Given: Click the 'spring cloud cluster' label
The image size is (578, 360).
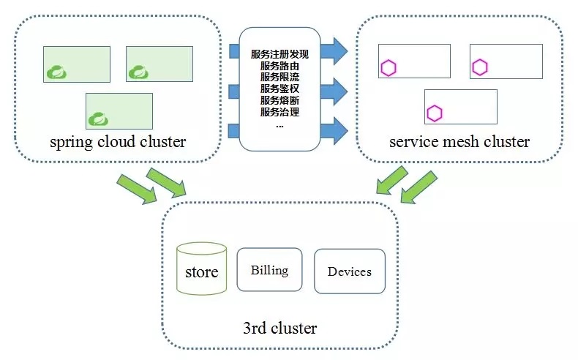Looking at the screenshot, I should point(117,141).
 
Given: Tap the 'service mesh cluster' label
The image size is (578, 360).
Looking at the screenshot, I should point(459,141).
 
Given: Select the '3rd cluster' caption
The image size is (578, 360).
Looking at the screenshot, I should point(279,328).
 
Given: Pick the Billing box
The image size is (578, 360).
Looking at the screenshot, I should point(269,270).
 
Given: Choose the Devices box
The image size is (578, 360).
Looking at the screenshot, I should point(349,271).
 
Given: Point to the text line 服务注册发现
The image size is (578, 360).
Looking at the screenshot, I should point(279,54).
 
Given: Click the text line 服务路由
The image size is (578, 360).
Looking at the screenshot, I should point(279,66).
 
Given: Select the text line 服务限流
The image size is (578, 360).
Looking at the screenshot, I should point(279,77).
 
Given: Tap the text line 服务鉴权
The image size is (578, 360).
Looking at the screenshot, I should point(279,89).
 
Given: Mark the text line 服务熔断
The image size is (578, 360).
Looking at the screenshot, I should point(279,100).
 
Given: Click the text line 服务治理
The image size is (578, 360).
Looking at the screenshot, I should point(279,112).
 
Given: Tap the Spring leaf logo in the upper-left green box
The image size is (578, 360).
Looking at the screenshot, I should point(56,72).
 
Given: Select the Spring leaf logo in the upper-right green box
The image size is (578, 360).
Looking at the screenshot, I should point(138,72).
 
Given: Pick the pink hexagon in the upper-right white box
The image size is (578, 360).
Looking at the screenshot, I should point(479,67).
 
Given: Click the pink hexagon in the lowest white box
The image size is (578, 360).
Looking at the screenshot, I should point(435,113).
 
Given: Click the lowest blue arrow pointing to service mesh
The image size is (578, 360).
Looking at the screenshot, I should point(335,130).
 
